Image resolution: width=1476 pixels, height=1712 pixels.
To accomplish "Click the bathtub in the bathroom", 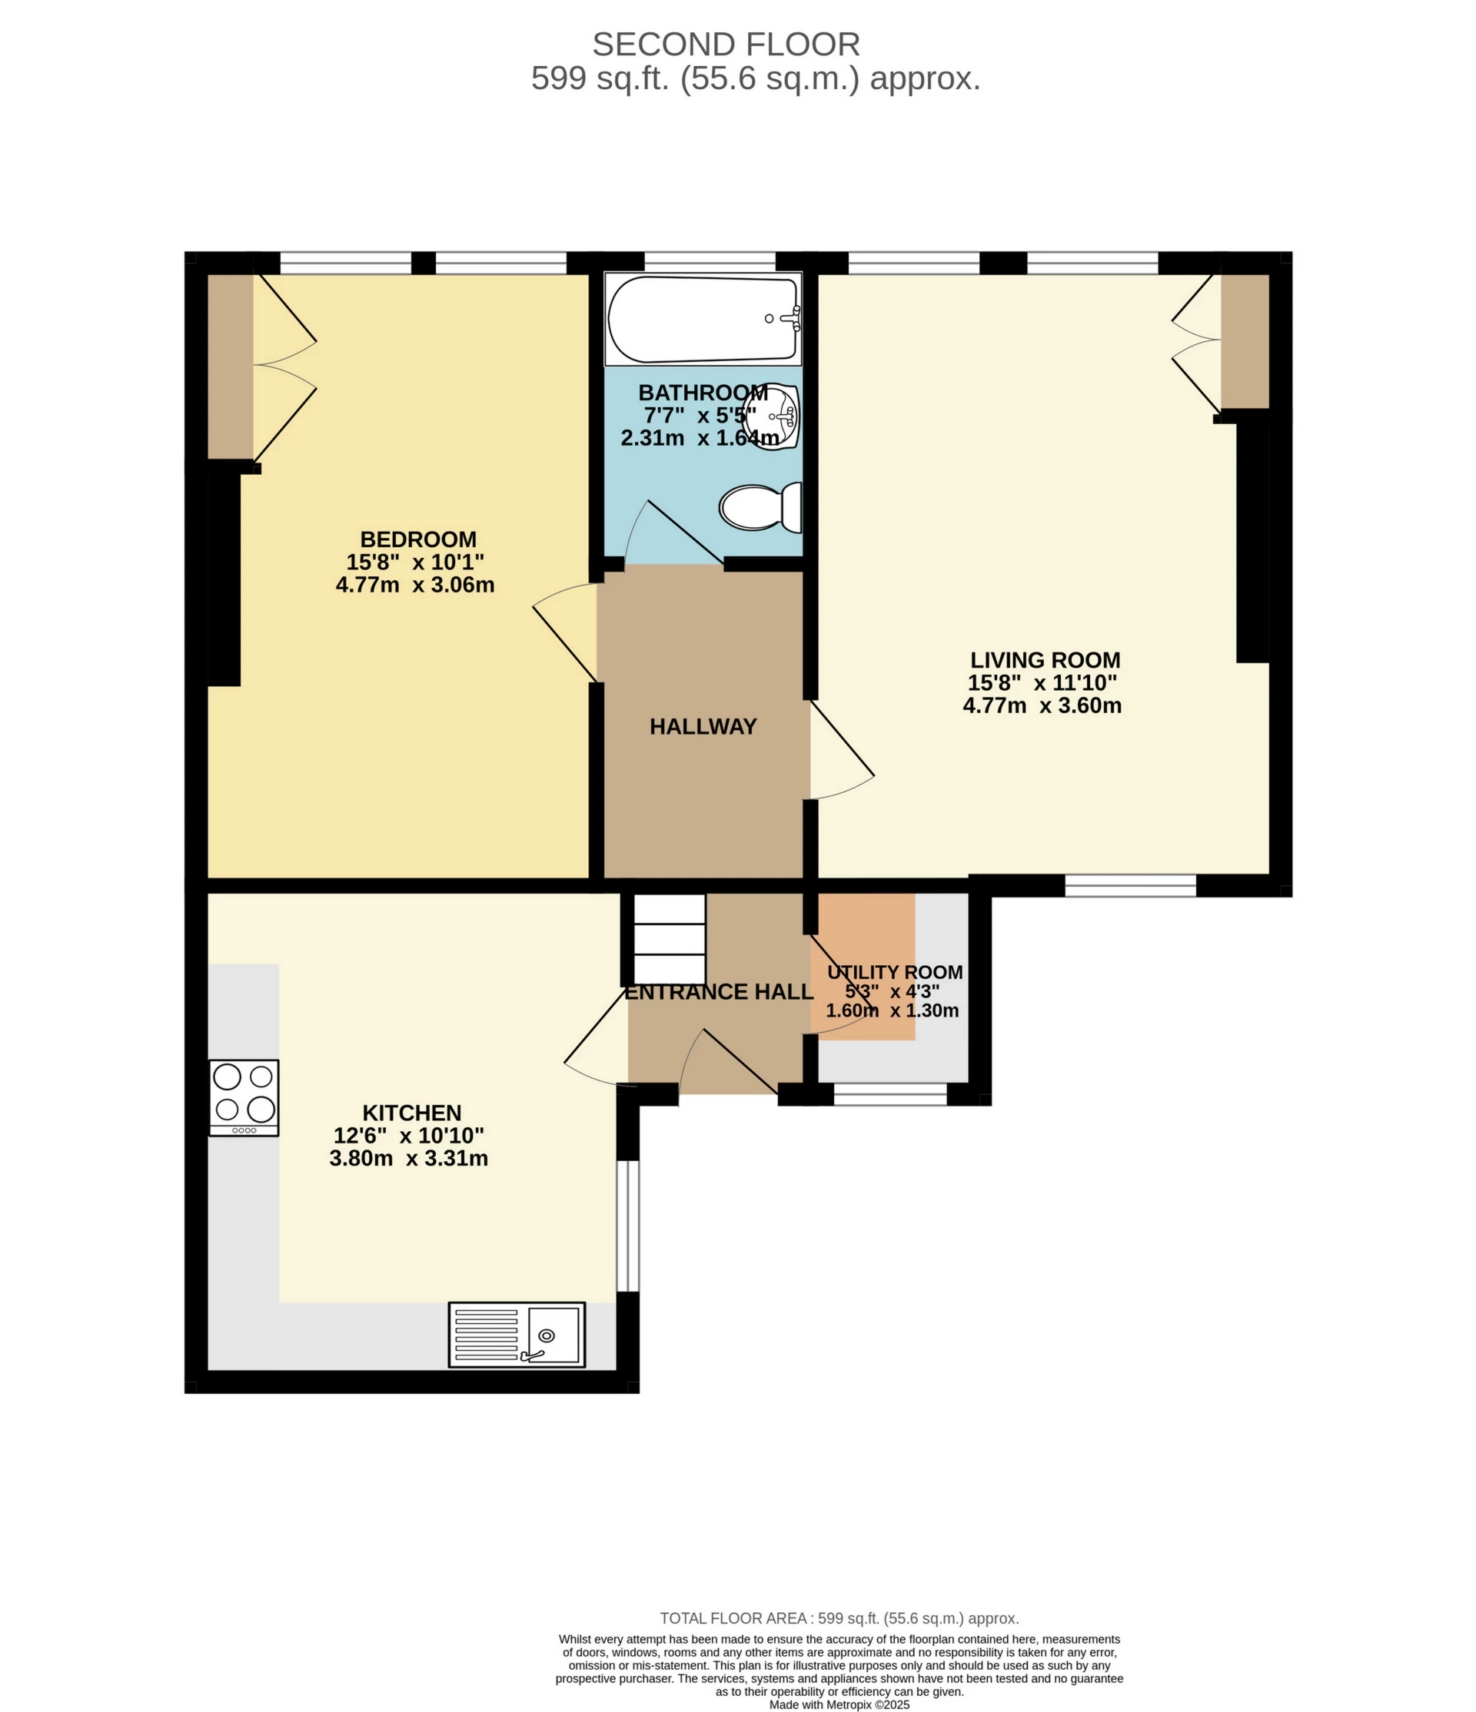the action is click(x=703, y=319).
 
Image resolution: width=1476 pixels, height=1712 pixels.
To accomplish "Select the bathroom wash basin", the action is click(x=772, y=416).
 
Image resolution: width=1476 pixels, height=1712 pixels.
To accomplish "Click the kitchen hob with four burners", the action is click(x=244, y=1098).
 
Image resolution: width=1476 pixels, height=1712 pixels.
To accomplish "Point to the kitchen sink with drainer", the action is click(x=517, y=1335).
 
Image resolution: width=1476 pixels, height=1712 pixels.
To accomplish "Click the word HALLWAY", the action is click(x=703, y=726).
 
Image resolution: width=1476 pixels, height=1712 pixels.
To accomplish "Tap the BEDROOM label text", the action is click(x=418, y=539).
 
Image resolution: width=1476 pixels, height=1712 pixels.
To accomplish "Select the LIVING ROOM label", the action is click(x=1045, y=660).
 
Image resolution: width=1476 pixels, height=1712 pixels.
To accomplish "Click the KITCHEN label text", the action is click(x=411, y=1113).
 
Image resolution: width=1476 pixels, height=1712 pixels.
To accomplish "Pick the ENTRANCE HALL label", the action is click(x=719, y=992).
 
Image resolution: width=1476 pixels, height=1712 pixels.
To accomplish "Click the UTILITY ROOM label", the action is click(x=895, y=973).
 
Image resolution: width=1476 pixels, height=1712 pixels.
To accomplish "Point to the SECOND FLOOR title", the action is click(x=726, y=45).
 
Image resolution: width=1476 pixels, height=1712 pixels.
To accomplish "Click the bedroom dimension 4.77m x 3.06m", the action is click(x=415, y=585).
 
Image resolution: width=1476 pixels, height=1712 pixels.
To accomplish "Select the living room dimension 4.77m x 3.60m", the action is click(x=1042, y=705).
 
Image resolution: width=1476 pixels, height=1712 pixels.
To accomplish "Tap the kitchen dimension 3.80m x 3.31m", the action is click(x=408, y=1159).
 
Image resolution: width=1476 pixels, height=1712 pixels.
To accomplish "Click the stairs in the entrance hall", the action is click(x=670, y=937).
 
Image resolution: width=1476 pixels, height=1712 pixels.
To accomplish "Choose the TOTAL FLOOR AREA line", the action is click(x=839, y=1617).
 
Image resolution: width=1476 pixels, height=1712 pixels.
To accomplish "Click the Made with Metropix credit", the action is click(x=839, y=1704).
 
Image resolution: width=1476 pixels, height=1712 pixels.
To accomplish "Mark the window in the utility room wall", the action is click(x=890, y=1094).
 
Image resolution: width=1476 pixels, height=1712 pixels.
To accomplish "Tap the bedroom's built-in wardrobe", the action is click(x=230, y=366).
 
